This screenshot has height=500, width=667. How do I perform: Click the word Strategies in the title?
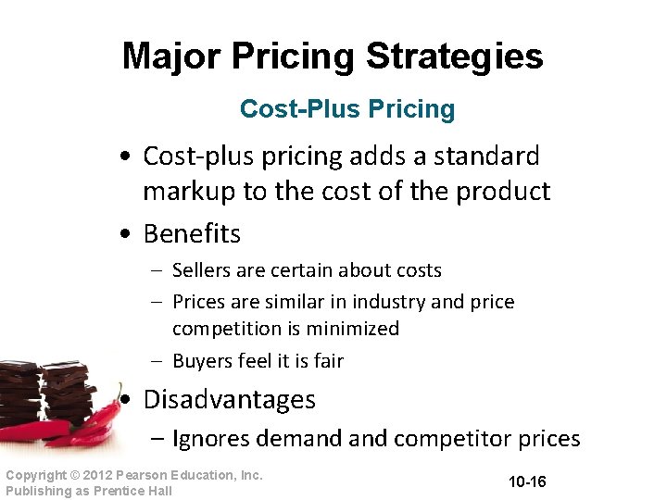[x=454, y=56]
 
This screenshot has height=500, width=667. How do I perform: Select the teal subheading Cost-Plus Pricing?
[x=347, y=109]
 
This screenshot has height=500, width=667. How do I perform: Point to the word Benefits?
[x=192, y=234]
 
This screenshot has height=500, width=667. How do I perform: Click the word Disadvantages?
[x=229, y=400]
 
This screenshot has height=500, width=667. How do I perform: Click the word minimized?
[x=357, y=329]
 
